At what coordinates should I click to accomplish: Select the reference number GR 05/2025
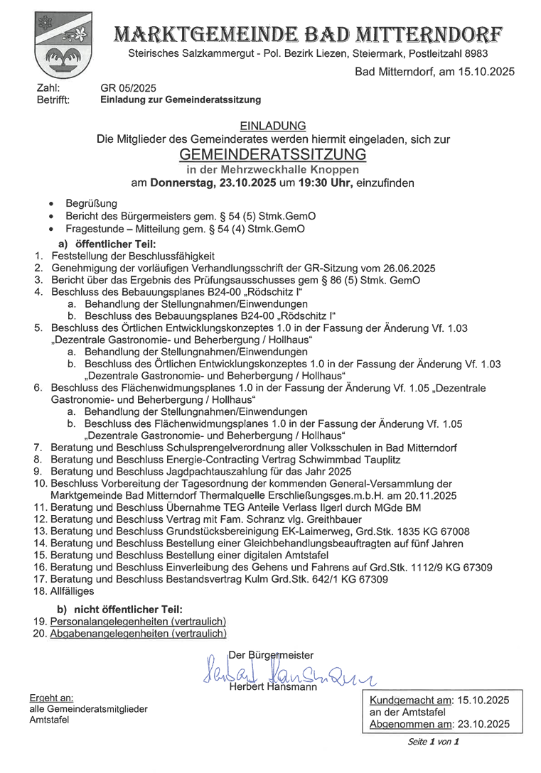pos(128,88)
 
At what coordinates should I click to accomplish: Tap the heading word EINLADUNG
pos(273,125)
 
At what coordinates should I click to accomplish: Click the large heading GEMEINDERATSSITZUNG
pos(273,154)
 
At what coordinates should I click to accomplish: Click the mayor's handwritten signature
pos(284,671)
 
